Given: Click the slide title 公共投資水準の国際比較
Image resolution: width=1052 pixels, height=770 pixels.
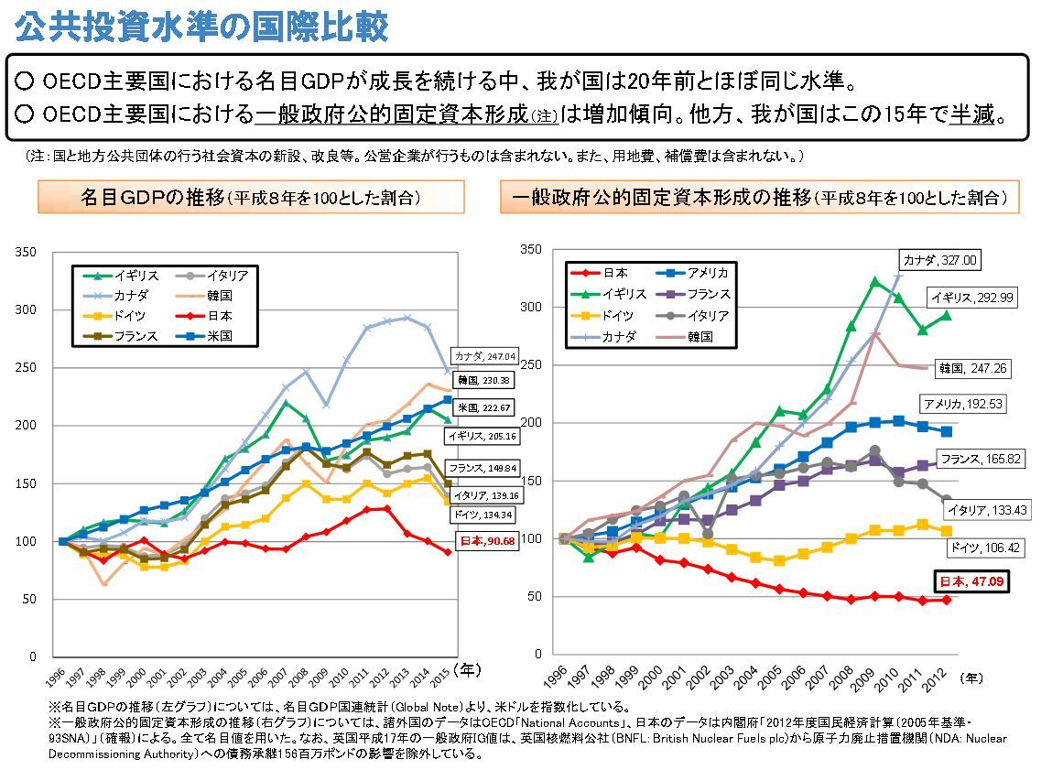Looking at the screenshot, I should (x=201, y=28).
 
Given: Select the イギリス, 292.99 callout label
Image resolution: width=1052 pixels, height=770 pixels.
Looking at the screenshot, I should (x=971, y=298).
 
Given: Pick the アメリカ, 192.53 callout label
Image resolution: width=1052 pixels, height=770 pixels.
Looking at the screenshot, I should (x=965, y=404).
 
